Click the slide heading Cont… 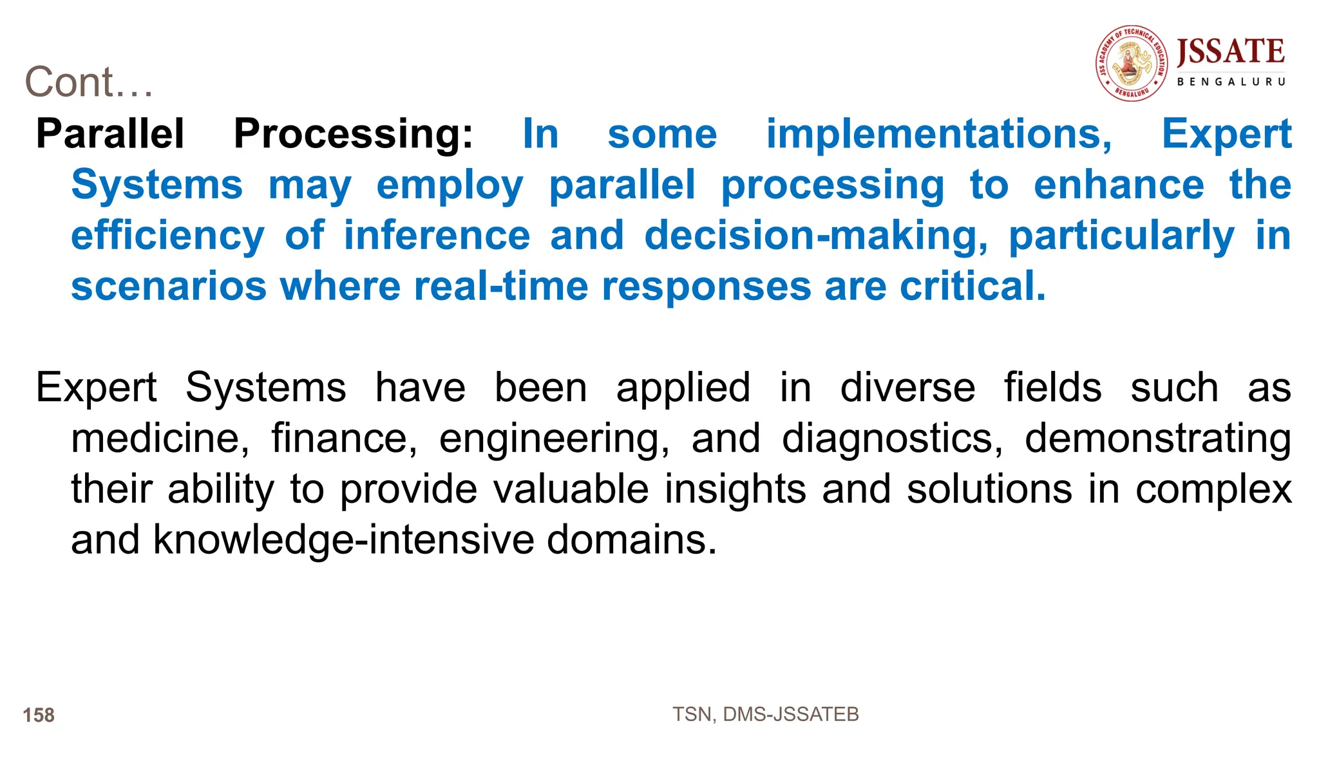point(89,82)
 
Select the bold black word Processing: point(353,134)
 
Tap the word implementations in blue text point(939,134)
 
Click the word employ point(450,185)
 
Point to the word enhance point(1119,185)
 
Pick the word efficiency point(167,236)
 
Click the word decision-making point(816,236)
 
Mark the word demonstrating point(1157,438)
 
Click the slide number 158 point(39,715)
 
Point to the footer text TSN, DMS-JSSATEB point(765,715)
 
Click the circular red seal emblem point(1132,63)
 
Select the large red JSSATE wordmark point(1230,52)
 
